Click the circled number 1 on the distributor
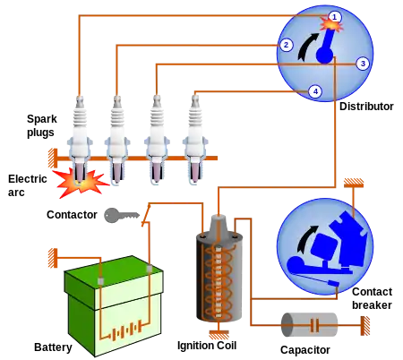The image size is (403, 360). [334, 16]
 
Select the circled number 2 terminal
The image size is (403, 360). [286, 45]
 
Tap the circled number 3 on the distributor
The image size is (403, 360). [362, 64]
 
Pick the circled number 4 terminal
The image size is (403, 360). [314, 91]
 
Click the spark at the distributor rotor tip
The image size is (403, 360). [330, 25]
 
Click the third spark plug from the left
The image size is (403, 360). [156, 134]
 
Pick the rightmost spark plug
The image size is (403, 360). [194, 134]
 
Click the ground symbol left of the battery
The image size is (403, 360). [51, 258]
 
